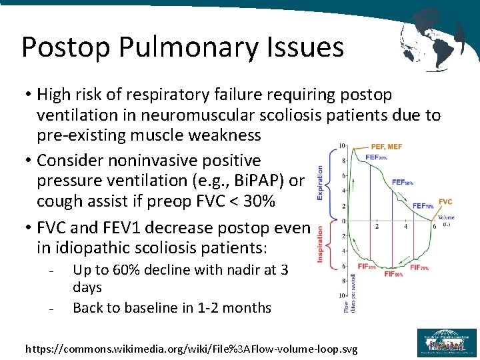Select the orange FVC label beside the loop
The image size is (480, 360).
[445, 201]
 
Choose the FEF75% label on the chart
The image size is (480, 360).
[424, 206]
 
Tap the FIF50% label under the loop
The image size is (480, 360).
[393, 274]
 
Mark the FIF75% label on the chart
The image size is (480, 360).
[419, 267]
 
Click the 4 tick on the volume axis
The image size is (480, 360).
[405, 227]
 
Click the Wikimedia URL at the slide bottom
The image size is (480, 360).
[191, 349]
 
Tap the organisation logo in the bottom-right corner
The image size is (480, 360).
[447, 343]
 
